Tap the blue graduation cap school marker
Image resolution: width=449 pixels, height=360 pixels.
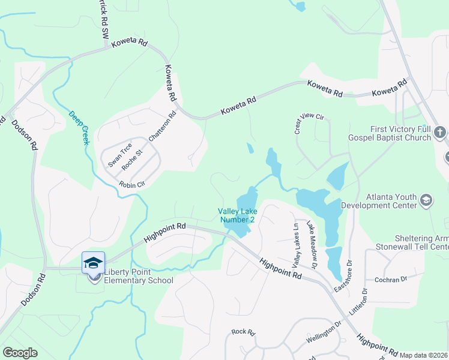[x=93, y=263]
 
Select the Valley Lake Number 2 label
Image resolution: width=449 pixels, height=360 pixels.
[x=236, y=215]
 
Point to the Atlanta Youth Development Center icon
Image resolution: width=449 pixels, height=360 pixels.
[x=426, y=200]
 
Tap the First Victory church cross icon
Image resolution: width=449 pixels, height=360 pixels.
[x=439, y=132]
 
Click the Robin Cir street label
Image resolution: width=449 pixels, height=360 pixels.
[x=132, y=184]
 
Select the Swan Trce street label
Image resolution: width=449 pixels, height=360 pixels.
[x=119, y=155]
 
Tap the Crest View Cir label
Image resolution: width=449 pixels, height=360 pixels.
[x=309, y=122]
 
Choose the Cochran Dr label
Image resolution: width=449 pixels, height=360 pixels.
[x=391, y=280]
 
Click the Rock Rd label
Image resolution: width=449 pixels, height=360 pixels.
[x=243, y=332]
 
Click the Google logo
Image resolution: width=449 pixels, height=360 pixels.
[x=20, y=353]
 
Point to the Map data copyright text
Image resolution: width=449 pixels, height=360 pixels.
[x=424, y=355]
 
